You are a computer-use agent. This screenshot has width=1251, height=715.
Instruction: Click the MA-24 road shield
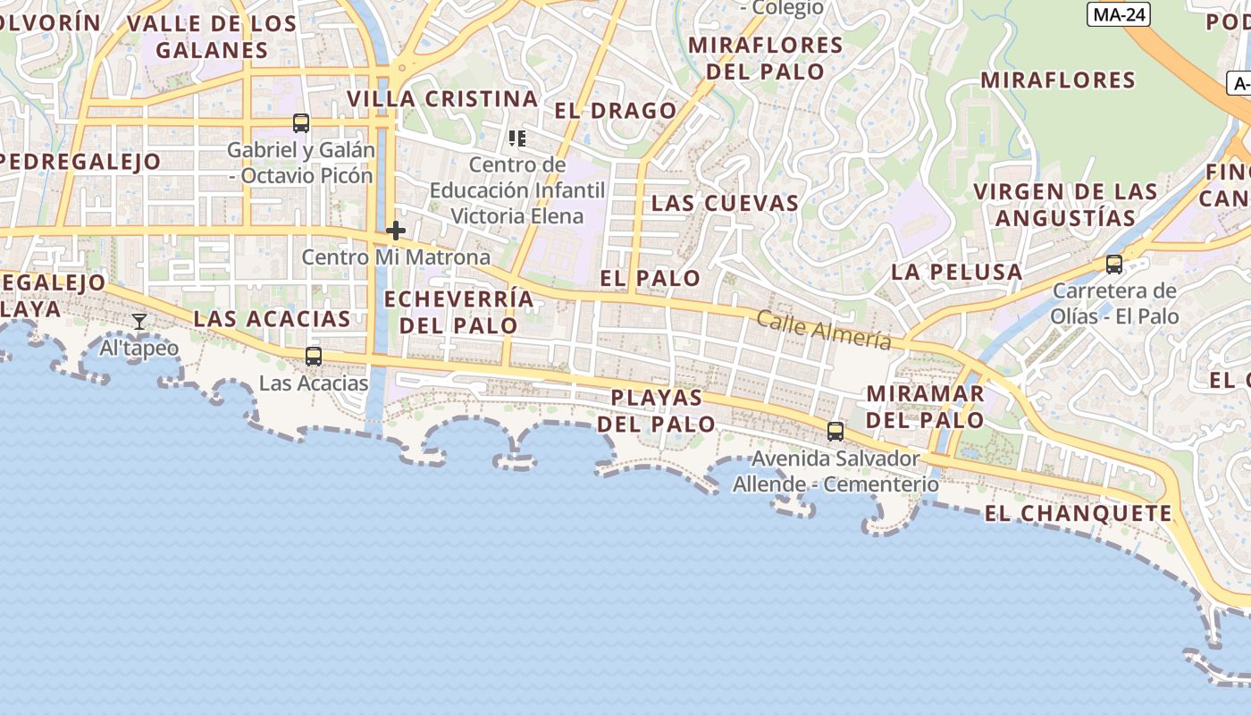pos(1119,14)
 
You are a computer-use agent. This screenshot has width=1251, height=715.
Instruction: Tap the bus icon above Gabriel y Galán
pos(301,123)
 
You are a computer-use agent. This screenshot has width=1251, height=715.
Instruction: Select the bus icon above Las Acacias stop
pos(314,357)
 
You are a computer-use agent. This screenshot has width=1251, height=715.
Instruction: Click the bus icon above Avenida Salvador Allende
pos(835,432)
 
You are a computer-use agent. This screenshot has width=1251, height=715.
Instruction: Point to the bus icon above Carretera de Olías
pos(1114,265)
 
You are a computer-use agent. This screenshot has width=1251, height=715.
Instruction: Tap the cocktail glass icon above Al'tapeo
pos(139,322)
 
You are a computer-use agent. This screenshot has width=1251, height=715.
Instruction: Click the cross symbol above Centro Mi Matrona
pos(396,231)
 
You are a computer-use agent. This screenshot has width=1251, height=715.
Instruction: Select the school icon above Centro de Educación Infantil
pos(517,139)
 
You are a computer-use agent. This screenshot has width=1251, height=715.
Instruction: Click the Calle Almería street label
pos(824,330)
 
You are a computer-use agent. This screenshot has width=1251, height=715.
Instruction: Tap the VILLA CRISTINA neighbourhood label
pos(442,98)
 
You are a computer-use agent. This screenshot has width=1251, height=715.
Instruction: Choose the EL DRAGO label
pos(616,111)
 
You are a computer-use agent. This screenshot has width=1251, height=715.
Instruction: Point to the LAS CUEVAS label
pos(725,203)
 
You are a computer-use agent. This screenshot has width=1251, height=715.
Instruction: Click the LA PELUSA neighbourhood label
pos(957,272)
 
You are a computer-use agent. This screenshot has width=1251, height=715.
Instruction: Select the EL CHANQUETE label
pos(1078,514)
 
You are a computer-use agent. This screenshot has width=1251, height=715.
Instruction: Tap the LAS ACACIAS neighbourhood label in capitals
pos(272,319)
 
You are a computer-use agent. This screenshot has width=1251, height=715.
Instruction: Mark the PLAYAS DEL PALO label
pos(656,410)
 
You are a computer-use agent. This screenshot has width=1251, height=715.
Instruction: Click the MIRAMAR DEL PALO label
pos(925,407)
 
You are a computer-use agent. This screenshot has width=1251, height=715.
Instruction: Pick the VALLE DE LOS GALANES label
pos(212,37)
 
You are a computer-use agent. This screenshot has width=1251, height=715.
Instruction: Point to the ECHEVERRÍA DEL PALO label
pos(458,312)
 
